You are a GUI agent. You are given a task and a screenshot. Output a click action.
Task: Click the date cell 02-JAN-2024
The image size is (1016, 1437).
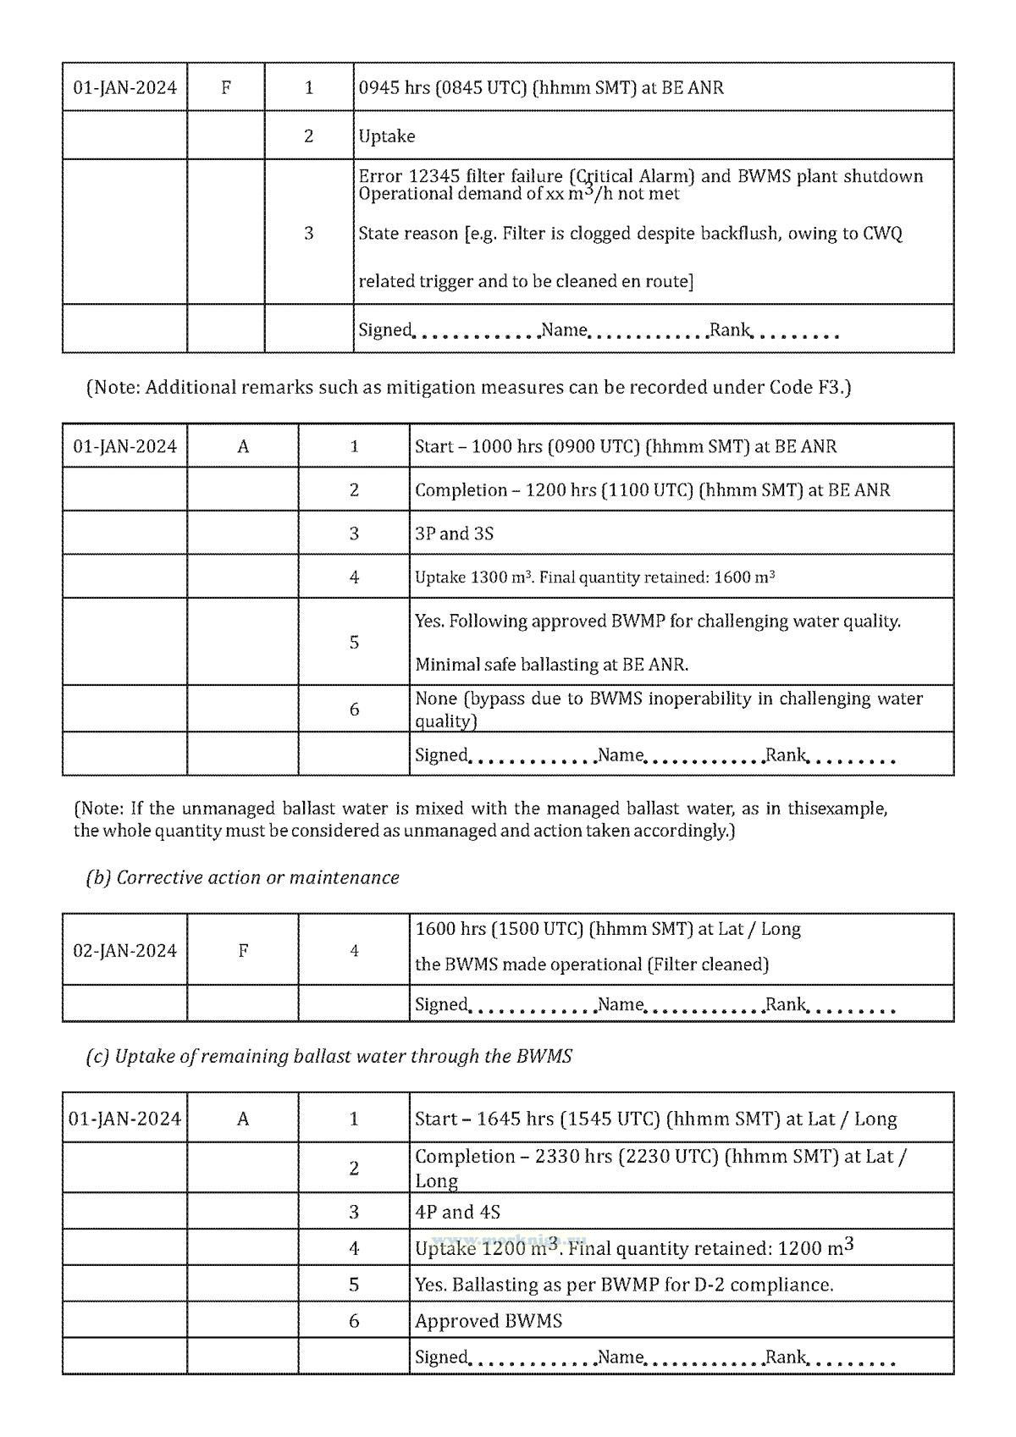click(124, 950)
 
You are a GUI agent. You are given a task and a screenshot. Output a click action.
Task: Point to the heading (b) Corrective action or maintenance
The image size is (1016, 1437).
click(242, 877)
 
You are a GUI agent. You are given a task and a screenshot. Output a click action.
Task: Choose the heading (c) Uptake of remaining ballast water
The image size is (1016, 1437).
click(329, 1056)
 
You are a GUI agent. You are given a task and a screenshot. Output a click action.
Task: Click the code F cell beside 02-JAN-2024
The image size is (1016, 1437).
click(242, 950)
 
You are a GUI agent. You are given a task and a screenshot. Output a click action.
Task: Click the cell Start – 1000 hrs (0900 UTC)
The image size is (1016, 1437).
click(626, 446)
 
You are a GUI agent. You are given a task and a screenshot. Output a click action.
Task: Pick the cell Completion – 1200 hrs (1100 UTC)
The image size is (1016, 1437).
click(652, 489)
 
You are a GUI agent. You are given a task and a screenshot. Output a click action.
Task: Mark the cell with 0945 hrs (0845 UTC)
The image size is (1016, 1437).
click(541, 87)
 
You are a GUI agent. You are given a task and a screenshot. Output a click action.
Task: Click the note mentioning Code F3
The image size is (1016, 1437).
click(468, 388)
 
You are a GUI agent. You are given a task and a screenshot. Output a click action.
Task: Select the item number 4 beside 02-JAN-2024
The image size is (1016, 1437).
click(354, 950)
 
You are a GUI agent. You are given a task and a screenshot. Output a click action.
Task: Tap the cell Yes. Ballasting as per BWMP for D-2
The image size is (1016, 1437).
click(624, 1285)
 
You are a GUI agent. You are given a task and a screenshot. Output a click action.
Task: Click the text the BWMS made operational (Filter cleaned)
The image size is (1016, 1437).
click(591, 964)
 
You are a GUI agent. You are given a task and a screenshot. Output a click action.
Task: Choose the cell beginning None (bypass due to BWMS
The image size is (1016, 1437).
click(668, 709)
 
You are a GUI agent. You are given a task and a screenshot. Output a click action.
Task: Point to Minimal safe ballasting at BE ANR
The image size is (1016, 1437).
click(551, 665)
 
